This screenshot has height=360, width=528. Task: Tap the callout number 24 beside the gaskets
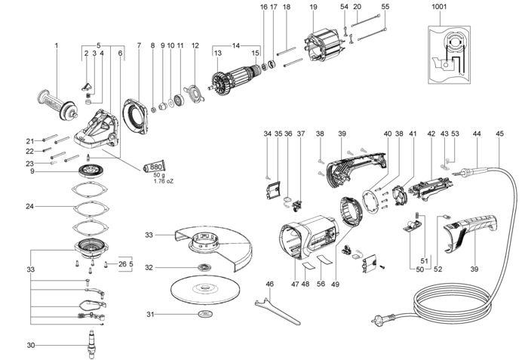click(29, 206)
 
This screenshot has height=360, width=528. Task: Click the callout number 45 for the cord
click(499, 134)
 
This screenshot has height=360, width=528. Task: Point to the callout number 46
click(268, 285)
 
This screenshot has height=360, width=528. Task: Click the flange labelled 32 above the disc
click(204, 268)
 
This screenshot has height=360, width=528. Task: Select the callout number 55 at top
click(385, 7)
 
